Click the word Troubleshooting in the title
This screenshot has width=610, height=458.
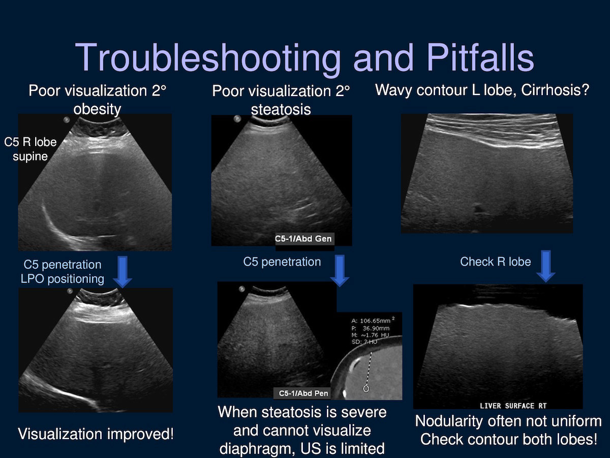207,59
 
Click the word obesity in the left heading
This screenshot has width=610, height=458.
97,109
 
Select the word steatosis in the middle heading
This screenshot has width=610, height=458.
281,109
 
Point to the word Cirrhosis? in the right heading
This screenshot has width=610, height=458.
555,90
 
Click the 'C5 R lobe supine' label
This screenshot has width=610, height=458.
30,149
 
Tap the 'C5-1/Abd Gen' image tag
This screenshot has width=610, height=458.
303,239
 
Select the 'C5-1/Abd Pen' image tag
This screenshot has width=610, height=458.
303,393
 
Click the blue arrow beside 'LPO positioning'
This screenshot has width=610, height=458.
123,272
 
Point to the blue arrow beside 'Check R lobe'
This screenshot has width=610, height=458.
545,266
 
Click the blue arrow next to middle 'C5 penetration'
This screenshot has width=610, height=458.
340,271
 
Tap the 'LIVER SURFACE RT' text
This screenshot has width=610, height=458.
513,406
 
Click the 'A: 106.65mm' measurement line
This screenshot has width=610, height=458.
373,321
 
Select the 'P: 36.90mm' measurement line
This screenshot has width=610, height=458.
371,328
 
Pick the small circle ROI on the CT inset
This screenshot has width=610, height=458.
366,388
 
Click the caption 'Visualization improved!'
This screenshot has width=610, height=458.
96,434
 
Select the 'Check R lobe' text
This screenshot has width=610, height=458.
496,262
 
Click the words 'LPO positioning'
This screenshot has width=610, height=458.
62,279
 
